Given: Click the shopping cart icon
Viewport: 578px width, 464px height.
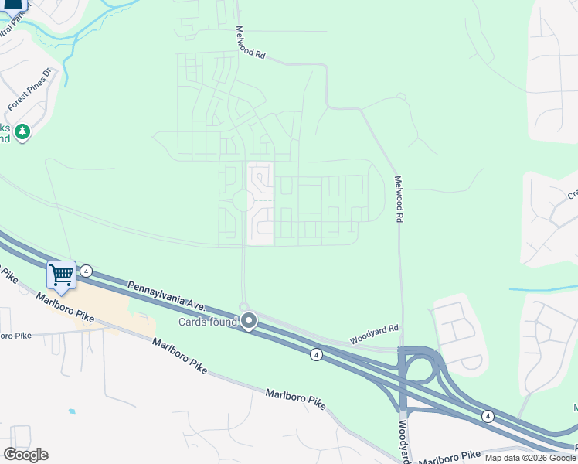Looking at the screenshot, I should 61,275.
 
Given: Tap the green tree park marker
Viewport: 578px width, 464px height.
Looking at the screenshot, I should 23,132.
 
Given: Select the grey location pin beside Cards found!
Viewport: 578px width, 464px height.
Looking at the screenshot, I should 249,320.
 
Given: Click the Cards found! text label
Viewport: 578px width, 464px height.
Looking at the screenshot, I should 208,322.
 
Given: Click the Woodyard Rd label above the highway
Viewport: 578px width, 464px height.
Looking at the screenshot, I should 373,334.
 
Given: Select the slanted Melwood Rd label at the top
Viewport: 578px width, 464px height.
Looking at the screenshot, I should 251,43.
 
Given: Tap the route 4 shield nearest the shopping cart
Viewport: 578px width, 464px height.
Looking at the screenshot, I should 87,271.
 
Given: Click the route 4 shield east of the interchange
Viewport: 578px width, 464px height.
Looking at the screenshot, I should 488,416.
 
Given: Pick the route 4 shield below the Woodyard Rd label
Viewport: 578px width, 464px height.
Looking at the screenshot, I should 316,353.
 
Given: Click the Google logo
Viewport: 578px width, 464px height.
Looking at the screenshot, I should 25,455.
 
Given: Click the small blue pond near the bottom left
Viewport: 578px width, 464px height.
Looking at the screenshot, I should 72,411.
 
